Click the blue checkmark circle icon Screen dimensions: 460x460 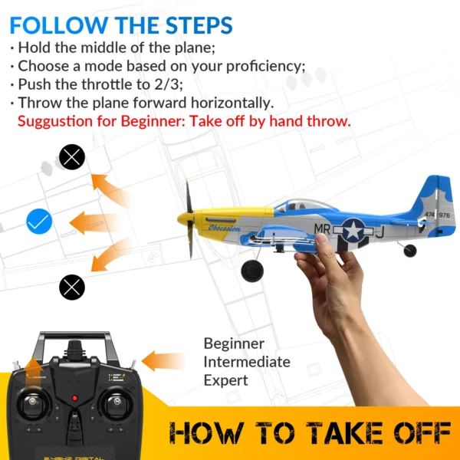[x=38, y=222]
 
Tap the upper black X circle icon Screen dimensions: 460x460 [x=72, y=158]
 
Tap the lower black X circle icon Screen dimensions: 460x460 [x=72, y=287]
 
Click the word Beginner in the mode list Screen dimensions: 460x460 [x=234, y=343]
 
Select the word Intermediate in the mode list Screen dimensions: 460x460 [x=247, y=362]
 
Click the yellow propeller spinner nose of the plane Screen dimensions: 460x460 [x=184, y=219]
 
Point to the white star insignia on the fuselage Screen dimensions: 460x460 [x=353, y=229]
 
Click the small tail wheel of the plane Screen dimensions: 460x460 [x=410, y=250]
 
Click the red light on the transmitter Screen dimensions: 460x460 [x=74, y=398]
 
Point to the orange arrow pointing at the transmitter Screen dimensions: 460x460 [x=163, y=361]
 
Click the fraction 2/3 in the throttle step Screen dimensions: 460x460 [x=172, y=84]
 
